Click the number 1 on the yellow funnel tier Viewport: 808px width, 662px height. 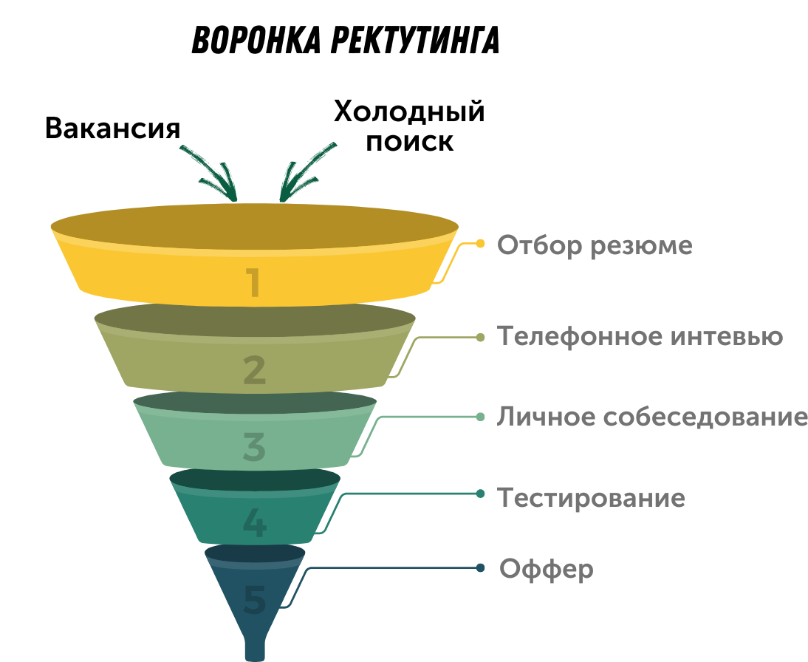point(254,283)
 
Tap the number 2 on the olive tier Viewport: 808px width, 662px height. point(254,370)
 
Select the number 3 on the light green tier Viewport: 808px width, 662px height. point(254,447)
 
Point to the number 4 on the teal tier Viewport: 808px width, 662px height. point(254,523)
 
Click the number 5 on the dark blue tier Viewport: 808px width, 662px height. point(254,599)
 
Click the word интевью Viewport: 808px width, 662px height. point(727,337)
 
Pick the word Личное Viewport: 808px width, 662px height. point(545,417)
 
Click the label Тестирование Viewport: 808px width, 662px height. point(591,498)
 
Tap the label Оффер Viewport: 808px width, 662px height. point(547,570)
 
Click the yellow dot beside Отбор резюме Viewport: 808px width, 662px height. point(480,243)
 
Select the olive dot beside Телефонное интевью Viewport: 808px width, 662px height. point(480,337)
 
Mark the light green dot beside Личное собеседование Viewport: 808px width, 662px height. point(480,417)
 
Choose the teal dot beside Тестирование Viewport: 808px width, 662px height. point(480,493)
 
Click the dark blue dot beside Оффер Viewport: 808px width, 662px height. point(480,568)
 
